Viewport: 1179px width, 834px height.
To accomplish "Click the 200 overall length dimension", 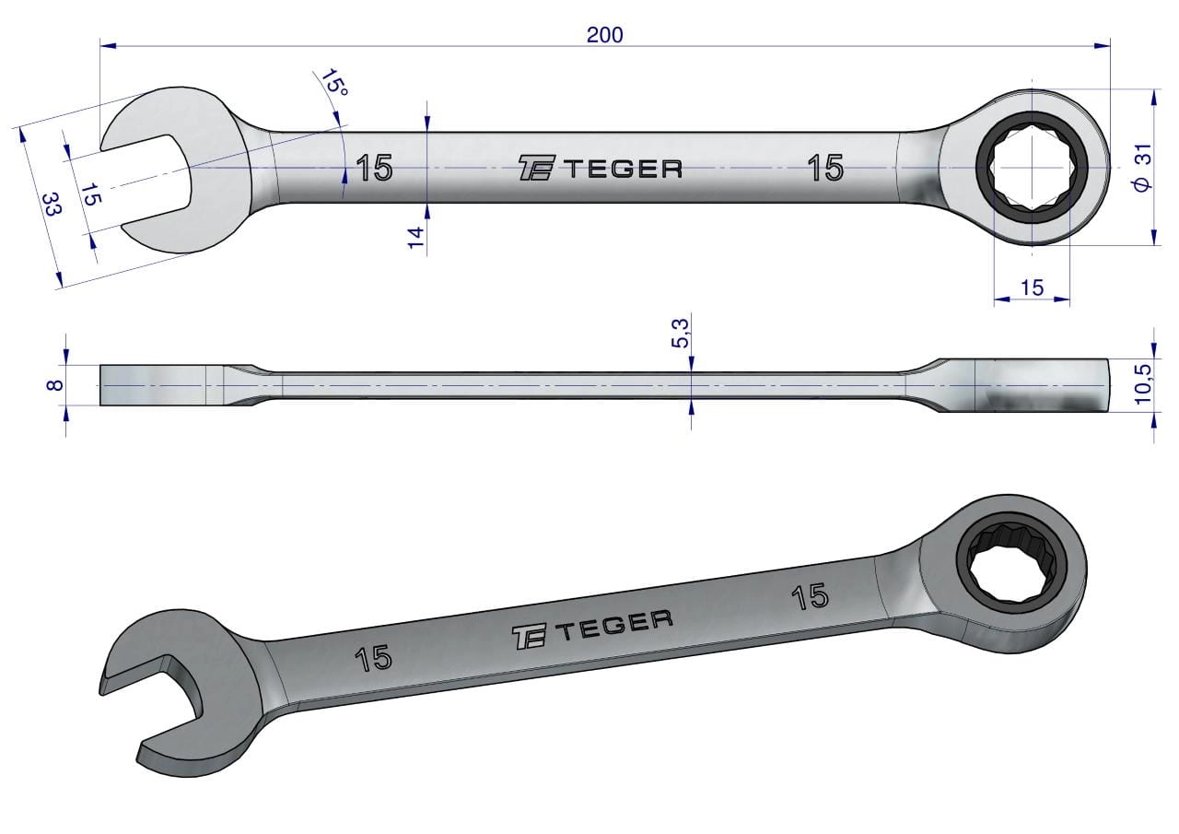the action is (605, 35).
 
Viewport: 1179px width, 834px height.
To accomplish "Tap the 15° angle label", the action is (334, 83).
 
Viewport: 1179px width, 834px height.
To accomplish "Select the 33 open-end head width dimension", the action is (52, 205).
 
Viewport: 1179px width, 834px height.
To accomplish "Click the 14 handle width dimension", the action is (415, 238).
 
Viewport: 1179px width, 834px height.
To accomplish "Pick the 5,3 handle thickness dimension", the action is (680, 334).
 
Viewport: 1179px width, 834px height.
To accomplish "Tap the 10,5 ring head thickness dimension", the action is (1143, 384).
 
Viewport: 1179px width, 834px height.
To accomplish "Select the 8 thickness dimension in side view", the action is (54, 385).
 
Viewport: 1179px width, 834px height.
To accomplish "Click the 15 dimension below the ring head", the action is (1032, 288).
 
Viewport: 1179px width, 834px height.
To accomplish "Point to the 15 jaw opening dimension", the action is (91, 194).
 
